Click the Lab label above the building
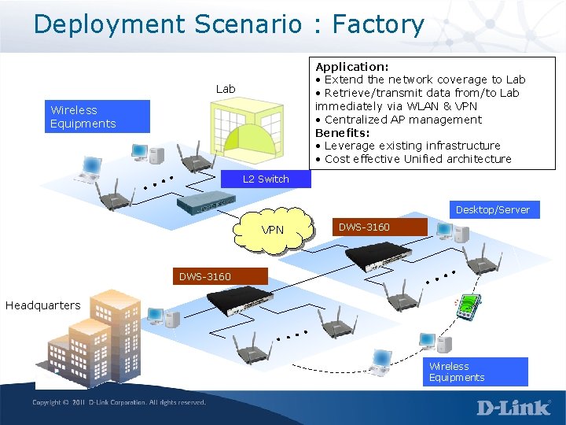click(226, 89)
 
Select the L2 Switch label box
click(266, 179)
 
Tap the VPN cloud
click(273, 230)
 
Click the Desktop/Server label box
click(493, 209)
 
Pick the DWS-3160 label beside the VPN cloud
click(364, 227)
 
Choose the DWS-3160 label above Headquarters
click(205, 276)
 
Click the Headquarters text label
click(42, 305)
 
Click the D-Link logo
click(513, 408)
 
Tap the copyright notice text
click(119, 402)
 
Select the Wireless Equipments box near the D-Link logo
click(477, 371)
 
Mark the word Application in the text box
click(351, 68)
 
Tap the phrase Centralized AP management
click(402, 120)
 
